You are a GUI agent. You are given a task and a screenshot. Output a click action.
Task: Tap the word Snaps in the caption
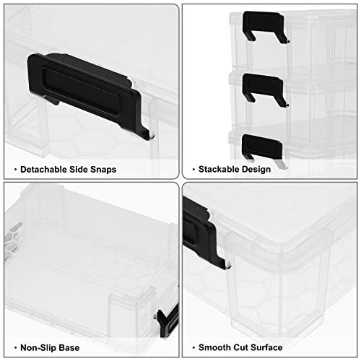[x=102, y=169]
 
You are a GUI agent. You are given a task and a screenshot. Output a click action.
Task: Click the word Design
[x=256, y=169]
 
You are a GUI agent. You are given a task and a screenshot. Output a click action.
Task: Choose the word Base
[x=68, y=349]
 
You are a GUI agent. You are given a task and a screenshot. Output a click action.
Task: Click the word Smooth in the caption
[x=215, y=349]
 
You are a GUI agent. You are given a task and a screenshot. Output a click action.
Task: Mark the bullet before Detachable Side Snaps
[x=13, y=169]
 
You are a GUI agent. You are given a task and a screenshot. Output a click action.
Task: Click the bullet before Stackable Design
[x=193, y=169]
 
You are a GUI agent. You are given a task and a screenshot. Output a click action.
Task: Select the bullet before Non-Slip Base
[x=13, y=349]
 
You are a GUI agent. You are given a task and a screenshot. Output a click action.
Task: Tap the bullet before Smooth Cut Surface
[x=193, y=349]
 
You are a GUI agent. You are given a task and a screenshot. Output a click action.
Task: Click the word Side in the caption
[x=77, y=169]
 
